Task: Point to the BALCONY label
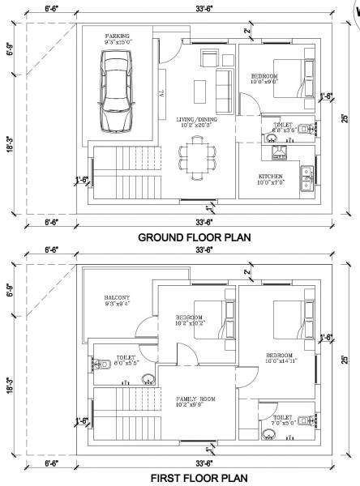click(x=117, y=298)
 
